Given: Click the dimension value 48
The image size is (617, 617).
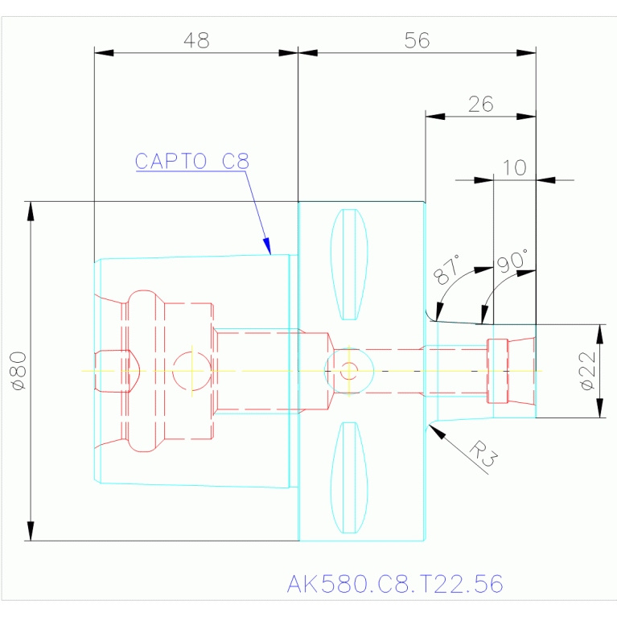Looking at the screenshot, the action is [196, 40].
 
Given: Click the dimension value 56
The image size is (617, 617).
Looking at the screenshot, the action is [418, 40].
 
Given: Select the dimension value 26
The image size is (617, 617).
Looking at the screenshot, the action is [480, 105].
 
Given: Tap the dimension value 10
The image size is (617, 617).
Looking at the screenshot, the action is [515, 167].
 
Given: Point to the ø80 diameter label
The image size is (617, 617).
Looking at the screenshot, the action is [19, 371].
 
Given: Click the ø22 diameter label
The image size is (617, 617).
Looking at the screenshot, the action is [588, 371].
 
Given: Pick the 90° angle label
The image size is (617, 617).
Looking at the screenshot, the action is [512, 261].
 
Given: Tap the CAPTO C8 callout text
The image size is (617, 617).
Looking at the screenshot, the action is [192, 162].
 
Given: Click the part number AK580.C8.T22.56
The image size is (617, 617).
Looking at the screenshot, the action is [395, 583].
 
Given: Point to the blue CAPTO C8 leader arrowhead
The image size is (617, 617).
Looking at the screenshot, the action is [267, 246].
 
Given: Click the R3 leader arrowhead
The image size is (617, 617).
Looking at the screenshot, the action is [437, 432].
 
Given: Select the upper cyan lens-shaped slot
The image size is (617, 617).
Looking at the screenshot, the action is [349, 265].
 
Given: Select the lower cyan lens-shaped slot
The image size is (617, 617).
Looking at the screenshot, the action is [349, 478].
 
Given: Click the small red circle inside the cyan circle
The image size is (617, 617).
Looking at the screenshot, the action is [349, 371].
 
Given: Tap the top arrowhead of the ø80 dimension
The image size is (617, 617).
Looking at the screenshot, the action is [31, 211].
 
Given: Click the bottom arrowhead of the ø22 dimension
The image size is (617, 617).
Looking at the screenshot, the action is [599, 408].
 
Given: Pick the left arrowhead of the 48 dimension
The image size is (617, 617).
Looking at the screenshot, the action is [104, 53].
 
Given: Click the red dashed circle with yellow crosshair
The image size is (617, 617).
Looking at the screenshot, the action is [191, 371].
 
